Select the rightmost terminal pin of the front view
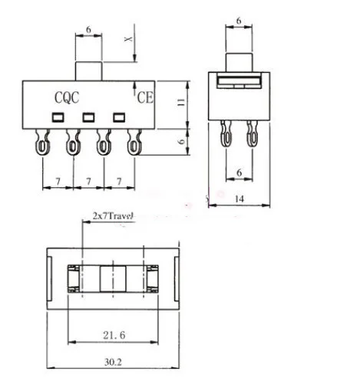coord(135,142)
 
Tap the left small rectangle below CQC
coord(58,117)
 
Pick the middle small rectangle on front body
coord(88,117)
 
